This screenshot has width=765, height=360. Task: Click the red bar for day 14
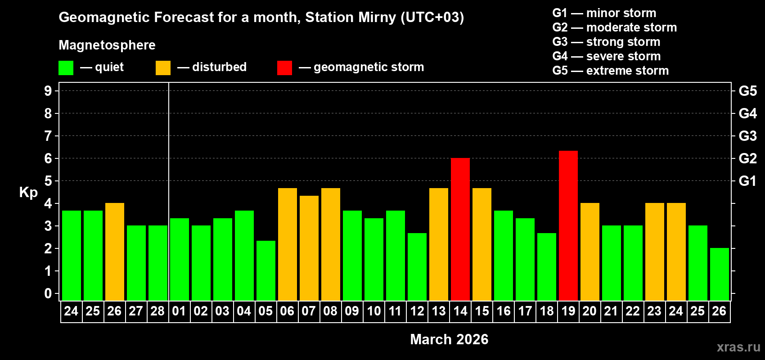460,229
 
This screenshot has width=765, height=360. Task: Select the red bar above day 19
568,225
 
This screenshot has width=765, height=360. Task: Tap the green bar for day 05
266,270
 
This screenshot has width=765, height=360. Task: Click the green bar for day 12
417,266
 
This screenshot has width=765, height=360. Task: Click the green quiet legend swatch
66,68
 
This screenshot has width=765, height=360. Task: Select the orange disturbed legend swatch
163,68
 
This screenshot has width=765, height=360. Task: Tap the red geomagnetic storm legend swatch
284,68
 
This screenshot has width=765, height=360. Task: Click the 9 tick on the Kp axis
48,91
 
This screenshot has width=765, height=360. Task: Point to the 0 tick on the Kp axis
48,293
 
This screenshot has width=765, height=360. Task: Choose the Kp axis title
28,192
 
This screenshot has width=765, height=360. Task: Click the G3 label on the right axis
747,136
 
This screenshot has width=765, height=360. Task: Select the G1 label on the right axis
747,181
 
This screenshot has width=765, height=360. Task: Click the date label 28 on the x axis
157,311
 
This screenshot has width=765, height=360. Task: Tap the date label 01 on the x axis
179,311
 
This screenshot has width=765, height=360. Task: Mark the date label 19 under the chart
568,311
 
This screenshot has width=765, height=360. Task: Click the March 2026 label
449,339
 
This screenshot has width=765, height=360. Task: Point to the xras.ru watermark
738,346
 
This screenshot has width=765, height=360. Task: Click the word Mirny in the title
377,18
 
